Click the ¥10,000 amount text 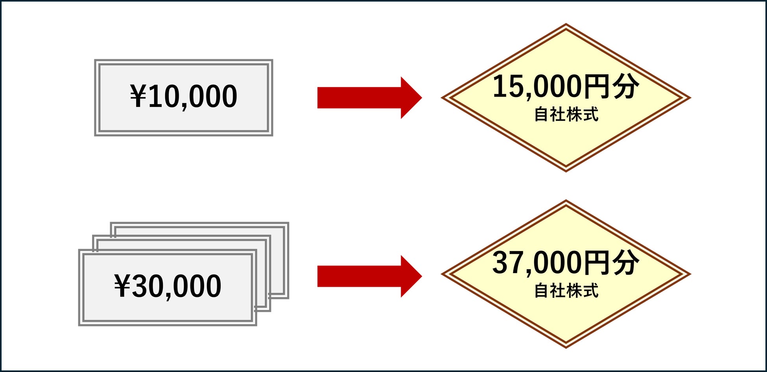coord(184,97)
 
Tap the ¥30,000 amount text coord(168,286)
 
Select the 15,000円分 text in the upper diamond coord(566,86)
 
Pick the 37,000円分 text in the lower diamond coord(566,263)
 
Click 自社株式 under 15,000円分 coord(566,115)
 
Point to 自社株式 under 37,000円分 coord(566,291)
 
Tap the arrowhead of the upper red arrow coord(411,98)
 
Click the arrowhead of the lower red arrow coord(411,276)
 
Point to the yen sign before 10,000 coord(138,97)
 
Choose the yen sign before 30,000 coord(122,286)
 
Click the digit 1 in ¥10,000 coord(155,97)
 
